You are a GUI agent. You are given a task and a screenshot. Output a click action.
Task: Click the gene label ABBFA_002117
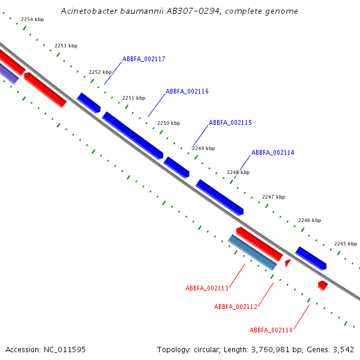144,59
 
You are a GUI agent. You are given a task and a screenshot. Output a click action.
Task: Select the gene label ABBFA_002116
187,91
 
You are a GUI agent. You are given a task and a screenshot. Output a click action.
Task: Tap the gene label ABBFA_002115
230,122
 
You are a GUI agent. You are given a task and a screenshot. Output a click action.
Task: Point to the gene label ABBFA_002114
273,152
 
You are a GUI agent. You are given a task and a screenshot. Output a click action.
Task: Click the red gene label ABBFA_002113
207,288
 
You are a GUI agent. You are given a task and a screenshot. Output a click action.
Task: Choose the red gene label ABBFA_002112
236,307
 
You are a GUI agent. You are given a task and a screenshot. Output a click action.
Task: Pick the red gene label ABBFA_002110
271,330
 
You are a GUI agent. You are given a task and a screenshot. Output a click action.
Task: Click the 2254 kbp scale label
32,20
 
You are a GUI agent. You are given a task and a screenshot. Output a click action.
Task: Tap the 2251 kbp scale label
134,98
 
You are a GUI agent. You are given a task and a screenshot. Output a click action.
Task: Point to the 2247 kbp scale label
274,197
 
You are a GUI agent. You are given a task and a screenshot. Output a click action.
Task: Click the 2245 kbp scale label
346,244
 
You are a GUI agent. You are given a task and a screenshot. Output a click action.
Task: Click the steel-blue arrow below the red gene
253,252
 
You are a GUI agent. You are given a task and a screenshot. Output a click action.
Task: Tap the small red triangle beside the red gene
287,263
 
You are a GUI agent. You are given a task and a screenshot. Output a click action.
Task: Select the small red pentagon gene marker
323,285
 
